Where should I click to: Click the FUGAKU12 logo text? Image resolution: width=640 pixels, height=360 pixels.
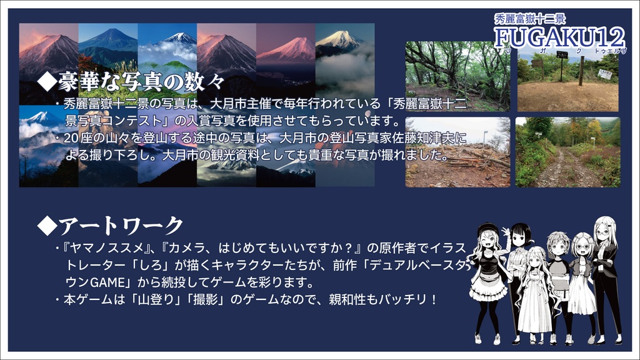[557, 38]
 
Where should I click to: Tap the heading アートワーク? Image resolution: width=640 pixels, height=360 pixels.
[121, 225]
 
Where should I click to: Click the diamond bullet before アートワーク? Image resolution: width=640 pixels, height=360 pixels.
[46, 226]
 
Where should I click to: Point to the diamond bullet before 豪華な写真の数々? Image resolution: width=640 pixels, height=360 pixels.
[46, 82]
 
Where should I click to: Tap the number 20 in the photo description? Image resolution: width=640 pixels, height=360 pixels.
[70, 138]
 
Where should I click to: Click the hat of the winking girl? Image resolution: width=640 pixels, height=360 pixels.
[488, 229]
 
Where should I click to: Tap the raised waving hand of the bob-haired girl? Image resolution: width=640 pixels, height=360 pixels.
[505, 232]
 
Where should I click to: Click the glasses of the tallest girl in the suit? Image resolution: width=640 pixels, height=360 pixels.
[603, 231]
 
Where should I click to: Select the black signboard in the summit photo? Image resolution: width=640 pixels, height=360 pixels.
[562, 55]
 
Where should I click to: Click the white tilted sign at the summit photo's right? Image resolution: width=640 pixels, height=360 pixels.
[604, 74]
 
